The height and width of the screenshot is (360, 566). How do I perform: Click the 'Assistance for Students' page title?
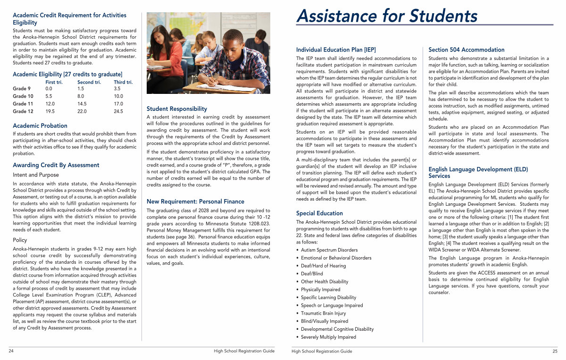point(386,16)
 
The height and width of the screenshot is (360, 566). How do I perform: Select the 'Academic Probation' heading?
point(40,126)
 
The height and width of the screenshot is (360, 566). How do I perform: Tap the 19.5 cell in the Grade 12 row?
point(50,111)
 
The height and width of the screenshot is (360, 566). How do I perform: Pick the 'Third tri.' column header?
point(123,82)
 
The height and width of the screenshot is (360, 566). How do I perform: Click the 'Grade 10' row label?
point(23,96)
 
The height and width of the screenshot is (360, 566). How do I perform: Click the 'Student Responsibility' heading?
point(177,109)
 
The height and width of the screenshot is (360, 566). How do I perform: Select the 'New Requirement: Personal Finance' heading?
point(195,201)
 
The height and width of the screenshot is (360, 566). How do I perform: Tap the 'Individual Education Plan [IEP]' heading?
point(336,50)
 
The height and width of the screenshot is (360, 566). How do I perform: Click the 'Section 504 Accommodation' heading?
point(466,50)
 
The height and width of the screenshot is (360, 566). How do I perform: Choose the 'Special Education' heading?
point(319,213)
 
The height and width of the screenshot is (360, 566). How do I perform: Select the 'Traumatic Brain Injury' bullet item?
point(323,313)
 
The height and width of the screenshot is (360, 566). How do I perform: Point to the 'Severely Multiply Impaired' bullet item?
point(328,337)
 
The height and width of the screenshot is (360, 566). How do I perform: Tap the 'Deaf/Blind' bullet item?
point(312,274)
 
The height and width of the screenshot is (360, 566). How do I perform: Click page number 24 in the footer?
point(11,351)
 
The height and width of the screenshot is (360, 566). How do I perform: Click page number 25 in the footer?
point(555,351)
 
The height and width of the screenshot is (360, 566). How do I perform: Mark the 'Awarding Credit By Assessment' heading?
point(56,165)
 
